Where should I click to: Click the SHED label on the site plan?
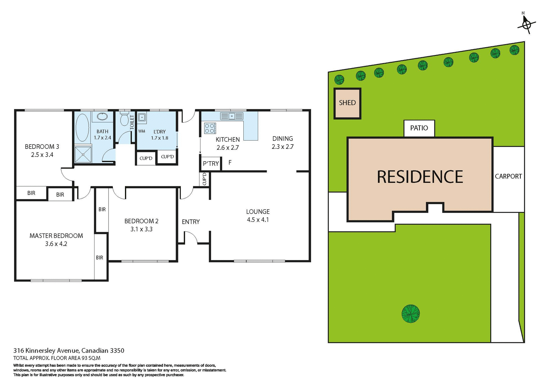pos(347,103)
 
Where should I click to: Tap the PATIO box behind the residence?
pos(419,128)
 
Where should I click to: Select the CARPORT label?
pos(508,176)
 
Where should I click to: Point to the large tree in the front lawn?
pos(410,314)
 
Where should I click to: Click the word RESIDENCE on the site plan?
pos(420,177)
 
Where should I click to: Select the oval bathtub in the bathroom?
pos(82,128)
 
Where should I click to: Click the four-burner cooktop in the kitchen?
pos(210,128)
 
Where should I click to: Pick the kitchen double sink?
pos(232,116)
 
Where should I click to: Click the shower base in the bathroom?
pos(83,154)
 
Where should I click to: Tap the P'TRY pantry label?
pos(211,164)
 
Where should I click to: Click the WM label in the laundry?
pos(142,131)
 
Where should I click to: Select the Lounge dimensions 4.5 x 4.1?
pos(258,220)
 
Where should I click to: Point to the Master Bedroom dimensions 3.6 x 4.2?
pos(56,244)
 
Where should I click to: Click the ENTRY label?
pos(191,222)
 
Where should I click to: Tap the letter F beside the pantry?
pos(230,163)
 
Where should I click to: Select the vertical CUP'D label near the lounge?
pos(204,179)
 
